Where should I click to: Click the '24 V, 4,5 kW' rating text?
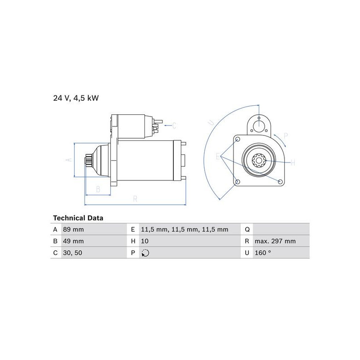tap(76, 98)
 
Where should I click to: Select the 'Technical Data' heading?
tap(78, 218)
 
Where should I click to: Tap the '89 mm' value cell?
tap(73, 229)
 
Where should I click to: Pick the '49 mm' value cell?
tap(73, 241)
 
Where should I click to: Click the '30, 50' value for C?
tap(72, 253)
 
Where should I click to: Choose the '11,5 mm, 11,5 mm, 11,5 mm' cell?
tap(184, 229)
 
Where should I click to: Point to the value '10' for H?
tap(145, 241)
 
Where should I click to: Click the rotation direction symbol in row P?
tap(145, 253)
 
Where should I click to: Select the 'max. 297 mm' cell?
tap(275, 241)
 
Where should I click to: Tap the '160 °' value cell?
tap(263, 253)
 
